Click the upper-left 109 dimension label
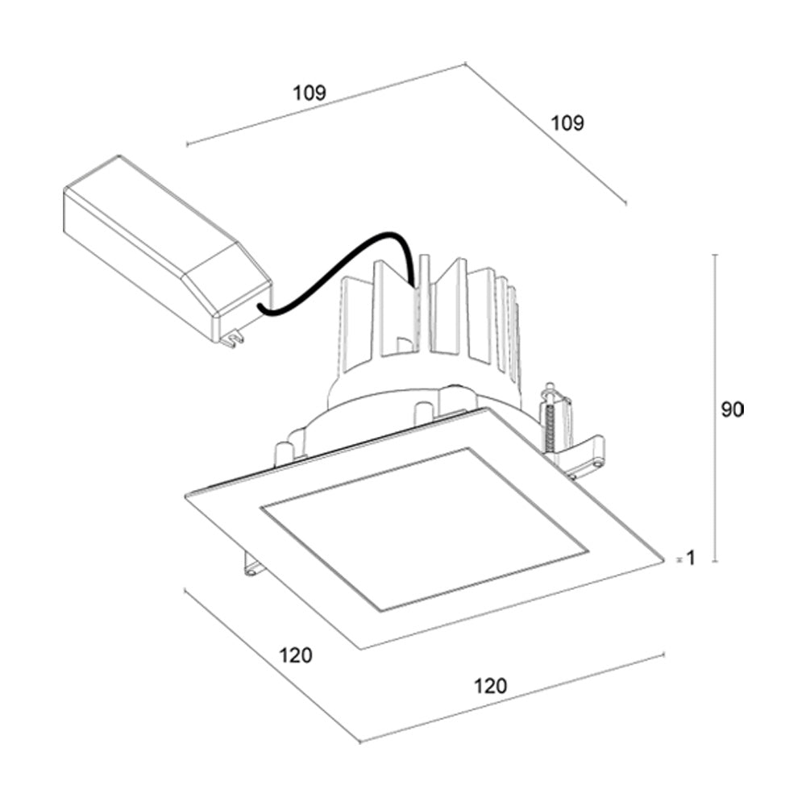click(x=309, y=93)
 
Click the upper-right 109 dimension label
click(x=567, y=123)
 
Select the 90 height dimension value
click(x=732, y=409)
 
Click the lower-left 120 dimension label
click(x=295, y=655)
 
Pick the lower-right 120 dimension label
click(x=490, y=686)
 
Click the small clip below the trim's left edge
click(x=253, y=567)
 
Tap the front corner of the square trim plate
click(x=362, y=647)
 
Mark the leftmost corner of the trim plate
click(x=186, y=494)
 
